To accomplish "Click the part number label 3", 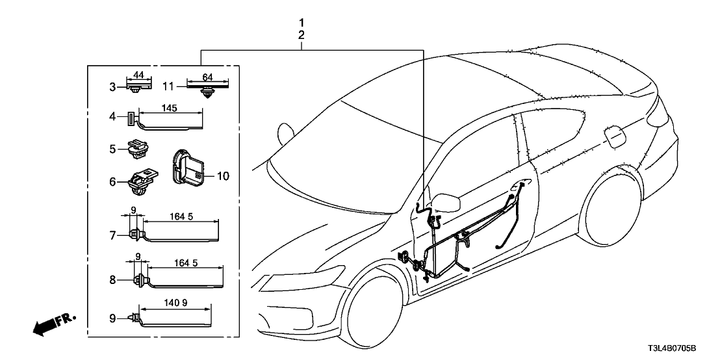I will tap(112, 86).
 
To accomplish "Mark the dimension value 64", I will tap(207, 77).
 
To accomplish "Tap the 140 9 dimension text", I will tap(175, 302).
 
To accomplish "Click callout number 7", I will tap(112, 235).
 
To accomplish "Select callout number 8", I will tap(112, 280).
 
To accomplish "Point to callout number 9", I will tap(112, 319).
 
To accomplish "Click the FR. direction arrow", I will tap(52, 324).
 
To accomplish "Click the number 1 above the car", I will tap(301, 23).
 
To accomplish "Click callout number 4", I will tap(112, 118).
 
